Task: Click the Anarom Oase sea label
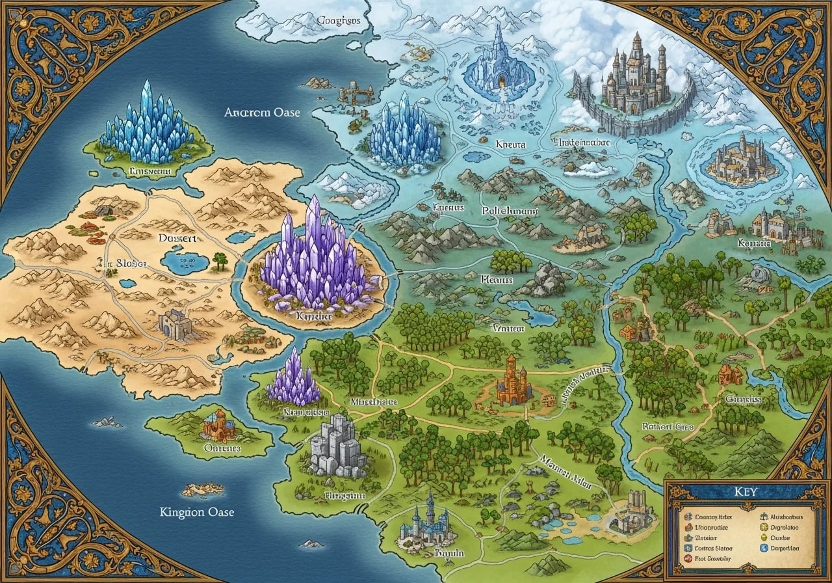click(x=262, y=112)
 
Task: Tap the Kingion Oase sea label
click(x=197, y=512)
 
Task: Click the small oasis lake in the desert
click(x=185, y=262)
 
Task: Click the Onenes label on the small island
click(x=222, y=448)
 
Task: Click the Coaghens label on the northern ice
click(x=337, y=20)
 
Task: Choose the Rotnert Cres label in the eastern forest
click(x=668, y=426)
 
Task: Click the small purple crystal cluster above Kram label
click(x=294, y=381)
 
